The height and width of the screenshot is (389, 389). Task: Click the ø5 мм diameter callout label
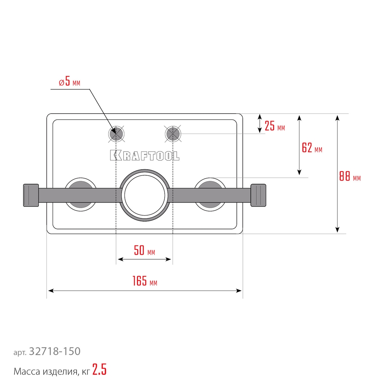[70, 83]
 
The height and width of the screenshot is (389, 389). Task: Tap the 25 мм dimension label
[274, 126]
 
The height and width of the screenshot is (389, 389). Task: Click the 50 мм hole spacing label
[144, 251]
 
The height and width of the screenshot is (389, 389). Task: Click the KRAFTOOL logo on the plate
[145, 155]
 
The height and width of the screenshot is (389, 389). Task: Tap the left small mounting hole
[116, 135]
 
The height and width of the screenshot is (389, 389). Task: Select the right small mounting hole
[173, 135]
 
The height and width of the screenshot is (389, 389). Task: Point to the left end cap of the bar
[31, 194]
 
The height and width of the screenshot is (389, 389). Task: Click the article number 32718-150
[54, 351]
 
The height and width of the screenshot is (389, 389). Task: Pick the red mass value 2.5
[99, 371]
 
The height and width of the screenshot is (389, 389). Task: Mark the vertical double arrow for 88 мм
[337, 173]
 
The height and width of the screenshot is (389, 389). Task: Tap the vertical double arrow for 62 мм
[299, 145]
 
